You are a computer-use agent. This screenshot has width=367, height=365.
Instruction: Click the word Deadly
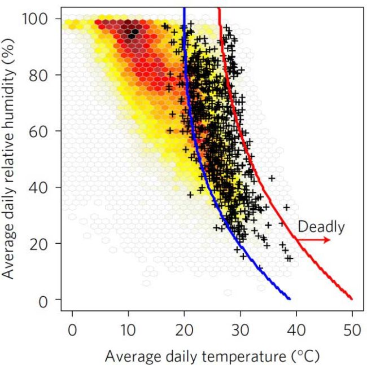321,227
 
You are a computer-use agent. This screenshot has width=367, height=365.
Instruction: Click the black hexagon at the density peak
131,36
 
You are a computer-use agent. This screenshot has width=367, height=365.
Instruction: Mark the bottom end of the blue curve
289,298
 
